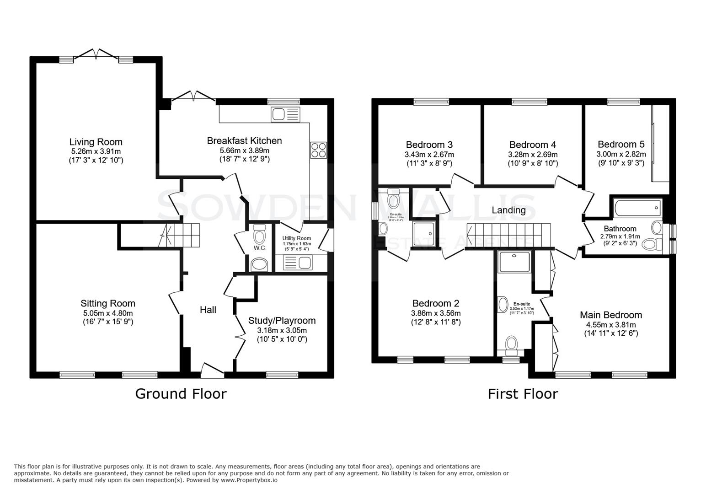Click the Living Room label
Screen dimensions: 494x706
click(96, 142)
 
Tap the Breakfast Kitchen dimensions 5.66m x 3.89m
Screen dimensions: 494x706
click(244, 150)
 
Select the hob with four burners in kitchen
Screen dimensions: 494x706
click(319, 150)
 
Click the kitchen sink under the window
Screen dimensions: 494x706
click(285, 114)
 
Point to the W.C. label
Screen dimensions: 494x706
click(260, 248)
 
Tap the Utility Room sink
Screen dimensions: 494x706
click(297, 263)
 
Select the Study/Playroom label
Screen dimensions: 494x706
click(282, 321)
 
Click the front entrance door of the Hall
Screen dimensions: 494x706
click(213, 370)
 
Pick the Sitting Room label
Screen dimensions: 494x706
click(108, 303)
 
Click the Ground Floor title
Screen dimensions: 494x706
click(181, 394)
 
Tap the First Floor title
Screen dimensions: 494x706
click(523, 394)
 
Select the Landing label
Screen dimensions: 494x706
click(508, 210)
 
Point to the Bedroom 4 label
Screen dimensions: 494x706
click(532, 145)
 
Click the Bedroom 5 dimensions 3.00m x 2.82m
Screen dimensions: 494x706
click(621, 155)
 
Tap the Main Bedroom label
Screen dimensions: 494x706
click(610, 315)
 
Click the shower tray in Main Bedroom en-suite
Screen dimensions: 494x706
click(514, 261)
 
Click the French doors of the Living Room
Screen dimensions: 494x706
click(96, 55)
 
